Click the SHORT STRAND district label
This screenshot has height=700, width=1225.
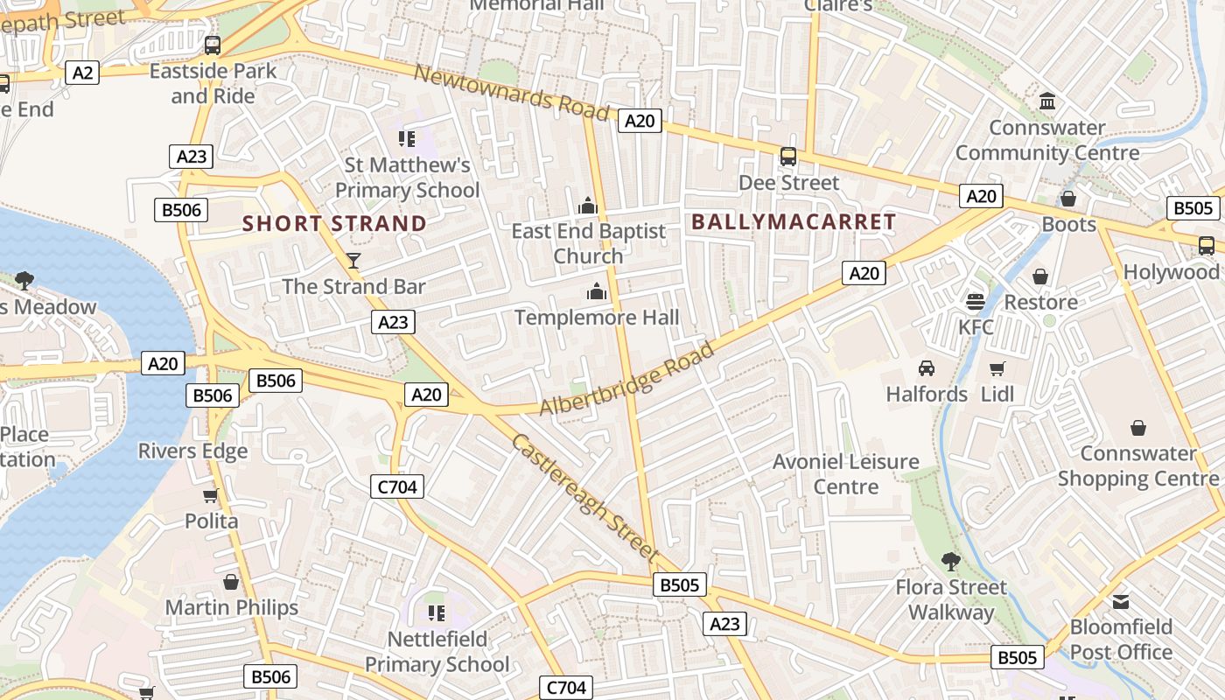point(334,224)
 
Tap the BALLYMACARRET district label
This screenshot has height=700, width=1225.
point(794,222)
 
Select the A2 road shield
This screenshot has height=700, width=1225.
point(82,73)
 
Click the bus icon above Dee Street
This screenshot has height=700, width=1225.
point(788,157)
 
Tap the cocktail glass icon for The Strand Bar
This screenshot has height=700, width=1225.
point(353,260)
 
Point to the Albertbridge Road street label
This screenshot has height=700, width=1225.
point(626,380)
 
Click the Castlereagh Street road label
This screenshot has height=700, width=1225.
point(584,497)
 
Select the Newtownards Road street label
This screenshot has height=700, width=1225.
point(511,93)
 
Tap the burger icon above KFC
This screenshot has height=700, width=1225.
point(976,302)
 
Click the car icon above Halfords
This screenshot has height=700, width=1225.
point(927,368)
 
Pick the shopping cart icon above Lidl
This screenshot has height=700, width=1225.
point(997,368)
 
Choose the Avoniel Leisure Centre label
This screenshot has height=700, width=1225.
point(845,473)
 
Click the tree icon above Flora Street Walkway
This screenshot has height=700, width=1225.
point(951,561)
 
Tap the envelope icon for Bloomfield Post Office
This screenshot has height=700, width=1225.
point(1121,602)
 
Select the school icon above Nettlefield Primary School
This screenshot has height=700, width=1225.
point(436,612)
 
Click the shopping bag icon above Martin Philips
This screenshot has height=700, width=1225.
point(231,582)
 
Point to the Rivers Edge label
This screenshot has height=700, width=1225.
point(192,451)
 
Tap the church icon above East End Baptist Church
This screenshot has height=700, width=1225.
point(588,206)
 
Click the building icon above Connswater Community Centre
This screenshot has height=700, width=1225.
point(1047,102)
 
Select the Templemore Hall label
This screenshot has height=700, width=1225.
point(597,317)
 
